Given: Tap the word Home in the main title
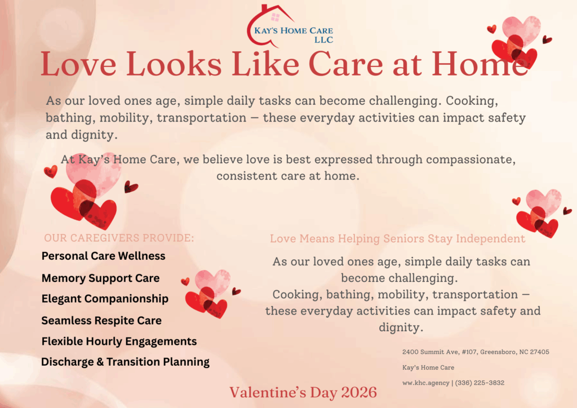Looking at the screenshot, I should pyautogui.click(x=482, y=65).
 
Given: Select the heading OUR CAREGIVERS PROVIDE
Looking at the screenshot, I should pyautogui.click(x=119, y=238).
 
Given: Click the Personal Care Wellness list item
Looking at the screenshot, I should pyautogui.click(x=104, y=256).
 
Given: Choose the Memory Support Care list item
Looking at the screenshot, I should pyautogui.click(x=100, y=278).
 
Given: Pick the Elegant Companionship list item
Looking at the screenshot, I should pyautogui.click(x=105, y=299).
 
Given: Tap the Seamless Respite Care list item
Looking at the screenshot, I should pyautogui.click(x=101, y=321).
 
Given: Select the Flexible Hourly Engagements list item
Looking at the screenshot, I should pyautogui.click(x=119, y=342).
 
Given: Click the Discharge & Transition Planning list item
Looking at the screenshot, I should pyautogui.click(x=125, y=362).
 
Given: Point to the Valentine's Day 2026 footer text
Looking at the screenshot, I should pyautogui.click(x=303, y=392).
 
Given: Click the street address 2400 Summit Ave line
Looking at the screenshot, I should pyautogui.click(x=476, y=352).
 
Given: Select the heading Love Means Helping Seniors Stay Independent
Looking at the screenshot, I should pyautogui.click(x=397, y=238).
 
